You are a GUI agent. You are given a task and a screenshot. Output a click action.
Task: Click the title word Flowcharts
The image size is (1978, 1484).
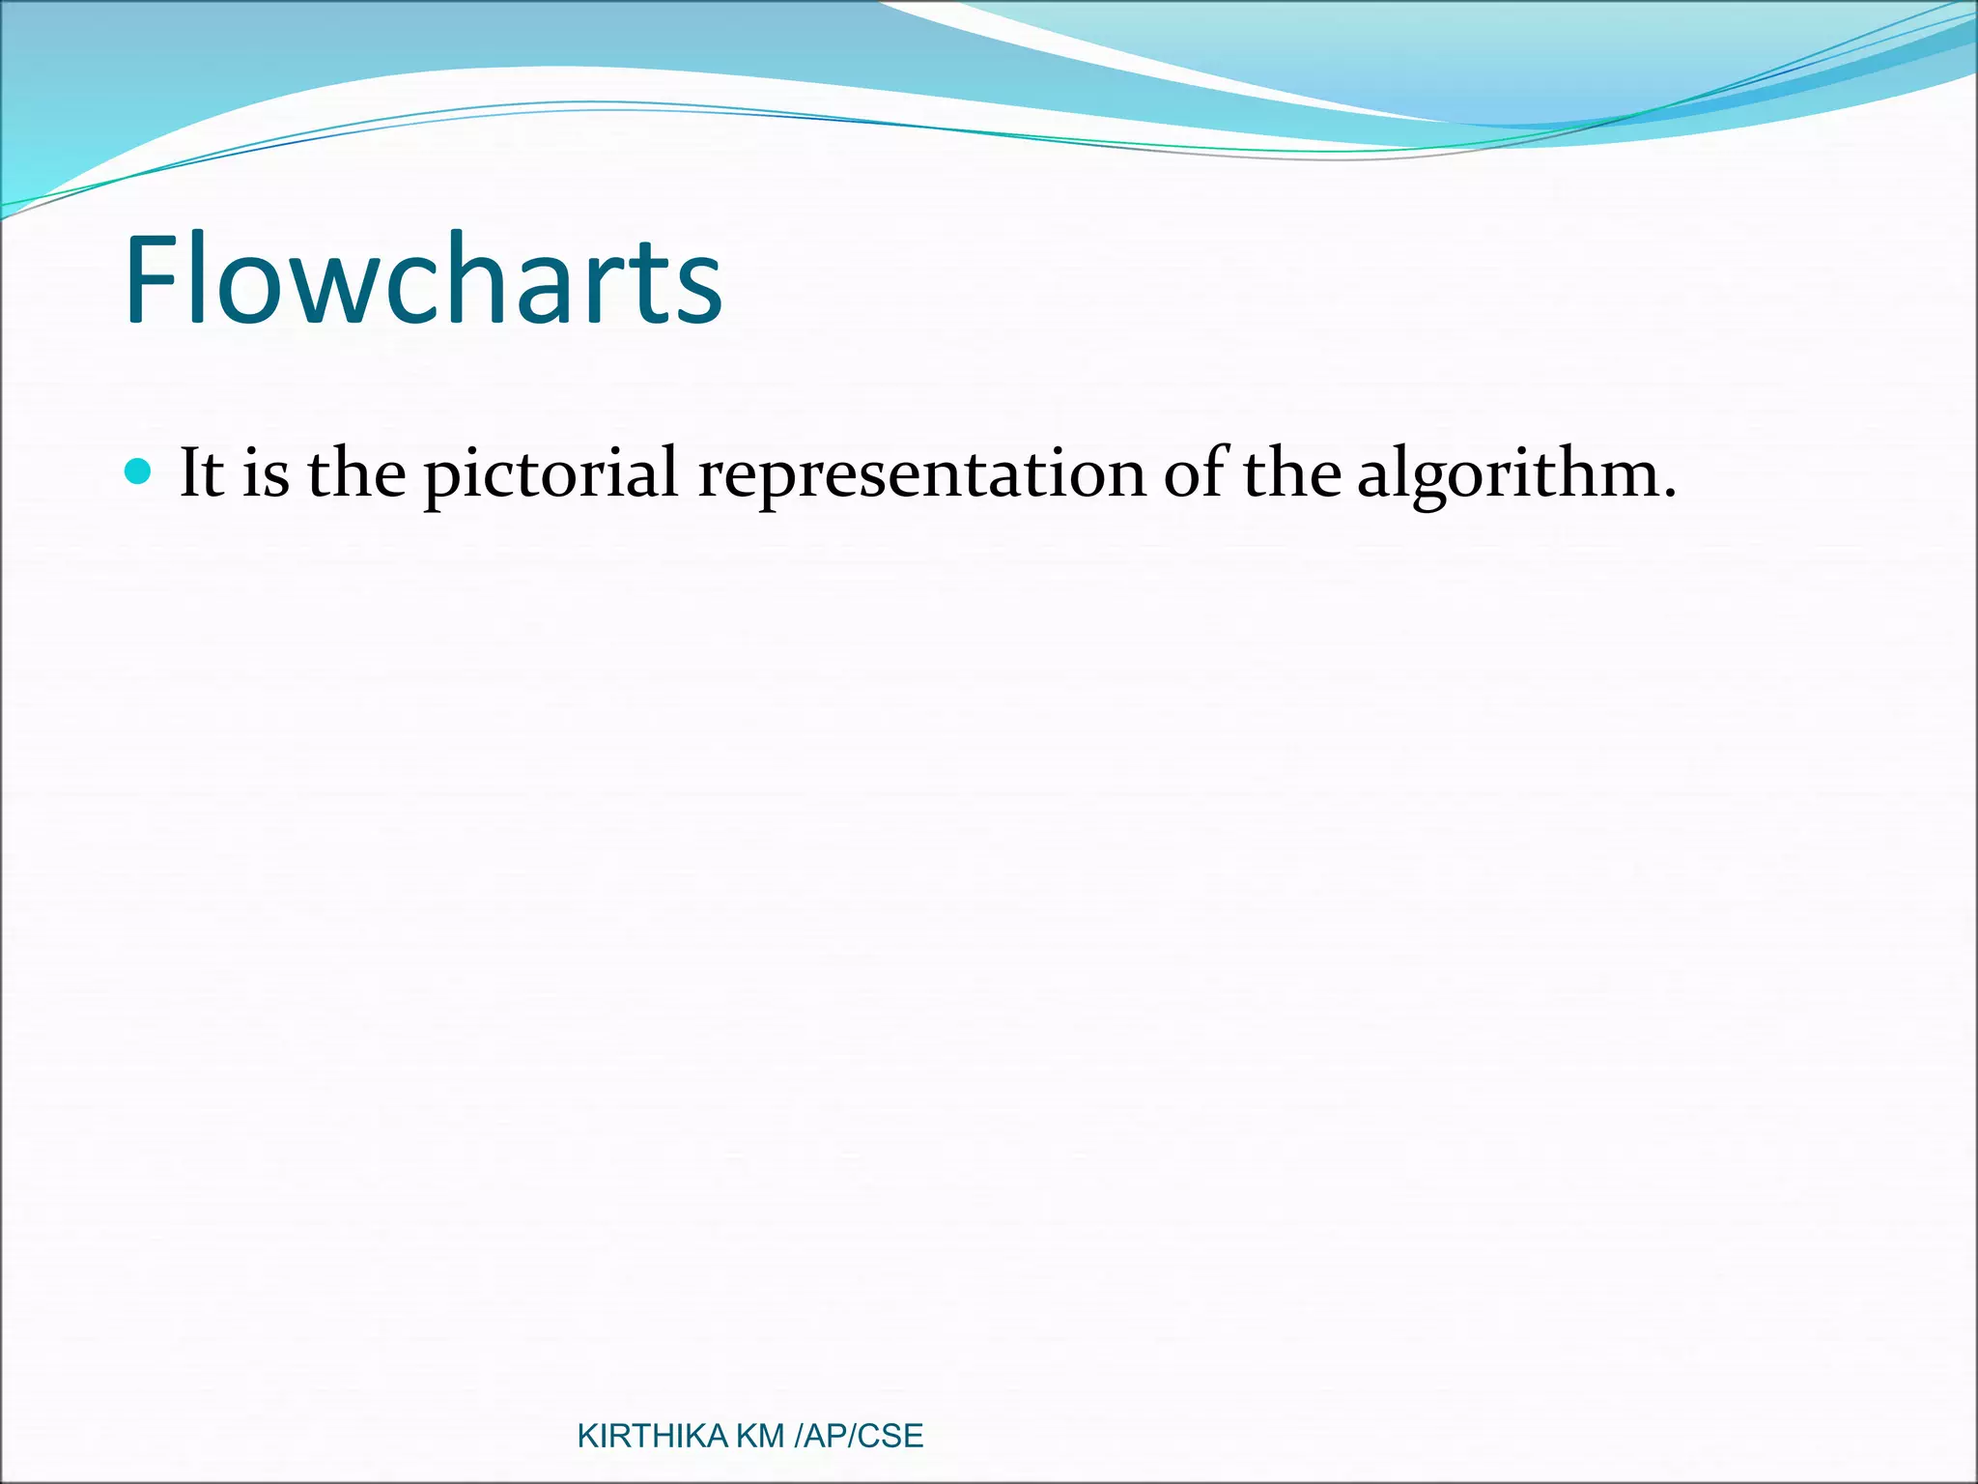(423, 280)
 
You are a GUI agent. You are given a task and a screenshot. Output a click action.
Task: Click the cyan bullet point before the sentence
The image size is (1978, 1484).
(139, 472)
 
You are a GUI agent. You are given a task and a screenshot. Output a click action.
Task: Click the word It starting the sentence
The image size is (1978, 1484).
(202, 473)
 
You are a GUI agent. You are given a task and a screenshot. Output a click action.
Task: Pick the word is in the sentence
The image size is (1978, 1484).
(265, 475)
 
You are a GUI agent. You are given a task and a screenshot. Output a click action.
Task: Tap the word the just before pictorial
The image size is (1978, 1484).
(355, 473)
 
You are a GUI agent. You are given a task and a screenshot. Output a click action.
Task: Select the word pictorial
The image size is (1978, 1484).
(551, 475)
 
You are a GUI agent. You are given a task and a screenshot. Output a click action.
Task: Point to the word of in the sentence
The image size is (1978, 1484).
(1196, 473)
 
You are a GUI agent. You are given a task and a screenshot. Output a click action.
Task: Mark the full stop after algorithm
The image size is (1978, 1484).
(1668, 495)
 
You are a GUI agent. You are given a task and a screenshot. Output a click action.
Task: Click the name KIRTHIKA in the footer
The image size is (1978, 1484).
(652, 1437)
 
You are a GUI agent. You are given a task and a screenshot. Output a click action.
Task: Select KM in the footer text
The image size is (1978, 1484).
(760, 1437)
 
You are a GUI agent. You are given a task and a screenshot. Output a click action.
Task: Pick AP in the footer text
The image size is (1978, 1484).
(824, 1437)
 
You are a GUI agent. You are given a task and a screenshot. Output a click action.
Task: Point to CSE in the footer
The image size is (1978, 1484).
(890, 1437)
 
